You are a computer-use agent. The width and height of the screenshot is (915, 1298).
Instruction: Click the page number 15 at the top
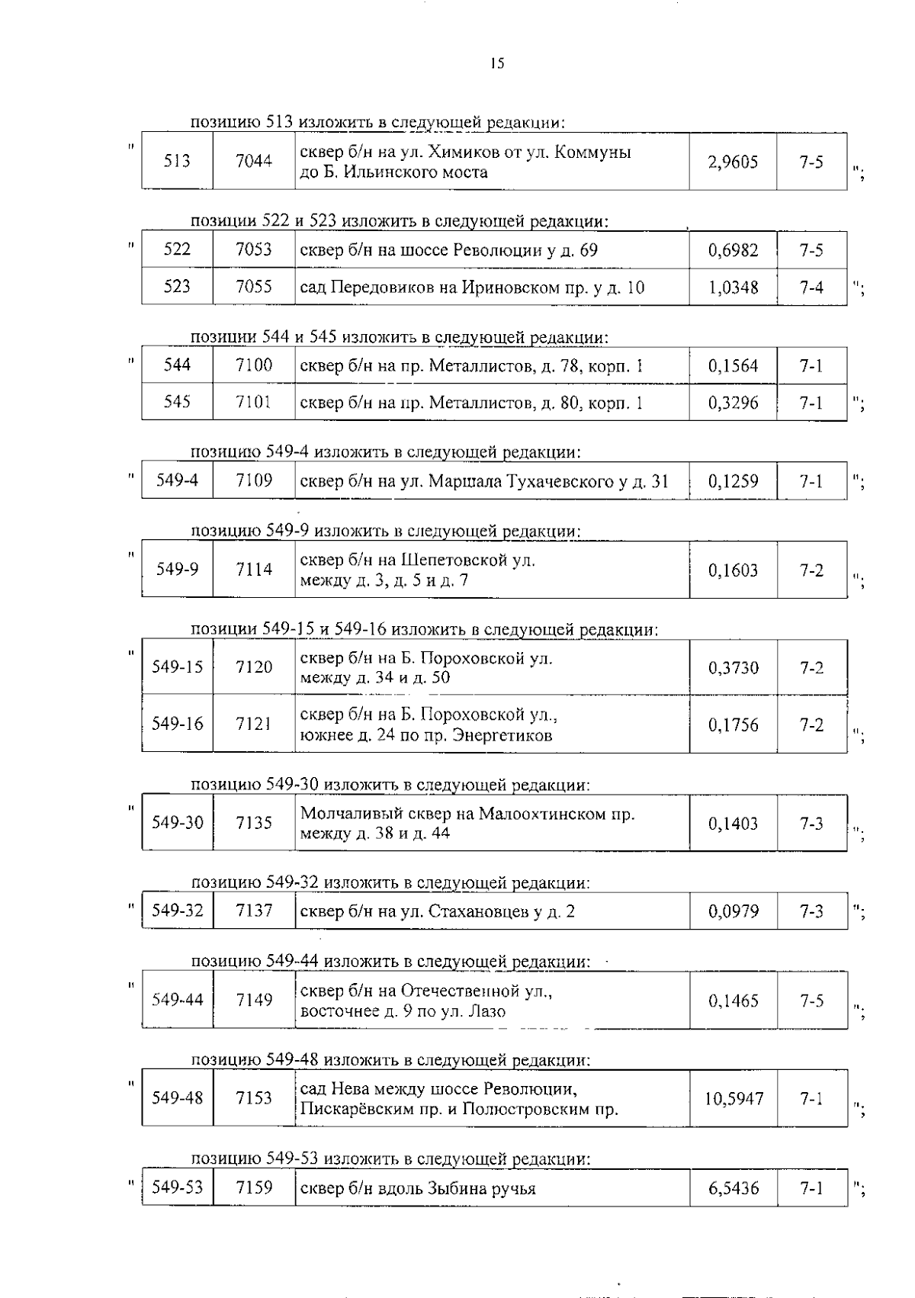tap(497, 64)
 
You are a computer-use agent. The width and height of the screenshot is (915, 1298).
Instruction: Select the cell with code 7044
tap(254, 162)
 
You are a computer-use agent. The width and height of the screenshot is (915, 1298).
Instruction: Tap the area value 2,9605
tap(733, 162)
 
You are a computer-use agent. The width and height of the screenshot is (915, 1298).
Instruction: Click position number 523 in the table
tap(177, 287)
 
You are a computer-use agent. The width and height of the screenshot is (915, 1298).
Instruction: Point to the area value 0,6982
tap(733, 250)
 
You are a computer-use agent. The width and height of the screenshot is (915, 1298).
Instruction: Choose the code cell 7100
tap(254, 365)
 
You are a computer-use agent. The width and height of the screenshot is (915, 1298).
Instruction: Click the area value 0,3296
tap(733, 403)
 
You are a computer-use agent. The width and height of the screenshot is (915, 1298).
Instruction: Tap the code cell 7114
tap(254, 570)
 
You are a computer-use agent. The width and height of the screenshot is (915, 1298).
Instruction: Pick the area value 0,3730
tap(733, 668)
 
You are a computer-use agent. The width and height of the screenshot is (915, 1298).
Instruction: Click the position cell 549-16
tap(178, 724)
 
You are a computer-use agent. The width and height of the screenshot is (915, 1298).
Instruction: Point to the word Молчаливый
tap(348, 813)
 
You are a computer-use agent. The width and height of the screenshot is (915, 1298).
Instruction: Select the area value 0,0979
tap(733, 911)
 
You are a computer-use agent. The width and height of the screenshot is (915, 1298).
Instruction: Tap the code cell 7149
tap(254, 1000)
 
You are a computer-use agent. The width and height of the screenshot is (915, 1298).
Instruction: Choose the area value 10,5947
tap(733, 1099)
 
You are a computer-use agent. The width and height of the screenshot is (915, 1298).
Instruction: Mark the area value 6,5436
tap(733, 1189)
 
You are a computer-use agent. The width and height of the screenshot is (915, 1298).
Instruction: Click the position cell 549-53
tap(178, 1187)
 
